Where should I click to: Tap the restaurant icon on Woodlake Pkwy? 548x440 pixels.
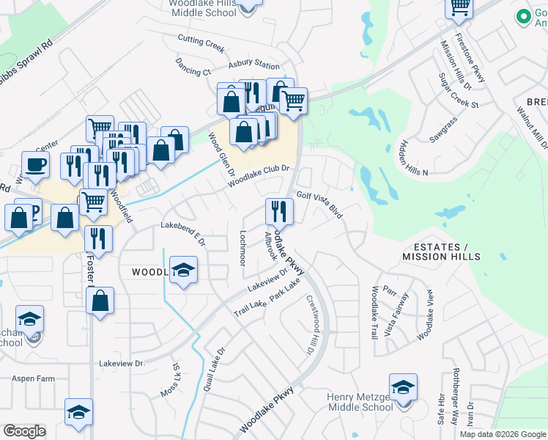[x=278, y=211]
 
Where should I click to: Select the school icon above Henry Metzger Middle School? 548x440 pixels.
[x=402, y=387]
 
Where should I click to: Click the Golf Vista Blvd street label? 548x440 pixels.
[x=319, y=202]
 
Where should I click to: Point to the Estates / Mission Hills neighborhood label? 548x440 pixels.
[x=442, y=252]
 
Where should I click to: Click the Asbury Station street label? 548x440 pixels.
[x=253, y=65]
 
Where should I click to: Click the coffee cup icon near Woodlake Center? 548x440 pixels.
[x=35, y=165]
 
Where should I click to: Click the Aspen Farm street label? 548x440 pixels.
[x=33, y=378]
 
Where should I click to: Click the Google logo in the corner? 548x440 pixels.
[x=24, y=431]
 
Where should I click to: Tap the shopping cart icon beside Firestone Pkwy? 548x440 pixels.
[x=459, y=7]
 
